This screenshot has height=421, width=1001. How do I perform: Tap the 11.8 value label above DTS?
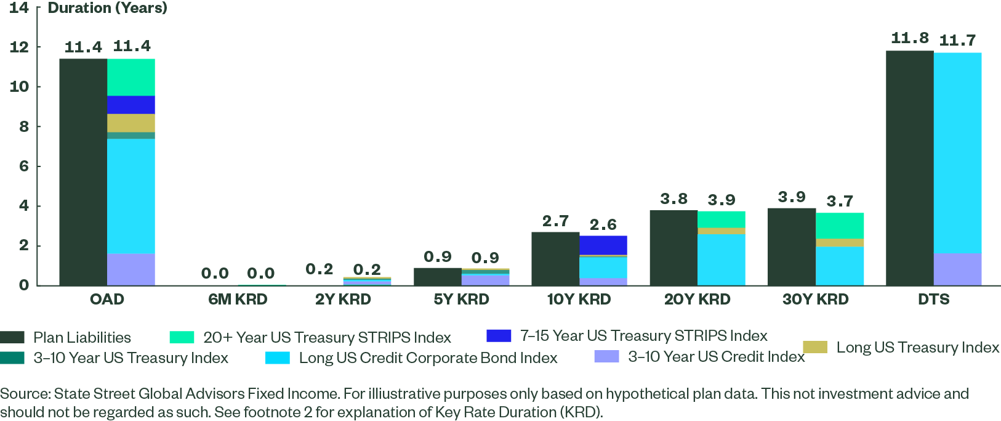[x=909, y=38]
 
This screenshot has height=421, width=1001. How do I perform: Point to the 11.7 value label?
[x=957, y=41]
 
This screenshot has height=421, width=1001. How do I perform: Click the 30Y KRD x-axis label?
[x=815, y=300]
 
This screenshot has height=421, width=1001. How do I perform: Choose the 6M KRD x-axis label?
[x=238, y=300]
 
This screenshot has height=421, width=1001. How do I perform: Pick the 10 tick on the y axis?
[x=18, y=86]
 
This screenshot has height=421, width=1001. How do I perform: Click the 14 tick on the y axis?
[x=18, y=8]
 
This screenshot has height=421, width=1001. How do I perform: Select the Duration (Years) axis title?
[x=108, y=8]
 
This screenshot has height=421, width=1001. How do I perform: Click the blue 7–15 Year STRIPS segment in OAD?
[x=131, y=105]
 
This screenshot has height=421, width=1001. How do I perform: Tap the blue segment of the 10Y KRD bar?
[x=603, y=245]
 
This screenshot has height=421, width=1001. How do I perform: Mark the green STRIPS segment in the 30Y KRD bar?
[x=840, y=226]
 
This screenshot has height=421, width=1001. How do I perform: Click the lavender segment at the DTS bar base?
[x=957, y=269]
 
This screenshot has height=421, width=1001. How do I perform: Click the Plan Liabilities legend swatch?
[x=12, y=337]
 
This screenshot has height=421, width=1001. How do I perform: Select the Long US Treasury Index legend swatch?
[x=814, y=347]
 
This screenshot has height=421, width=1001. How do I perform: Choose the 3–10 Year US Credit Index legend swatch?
[x=606, y=356]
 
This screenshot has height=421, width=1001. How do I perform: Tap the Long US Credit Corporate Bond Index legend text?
[x=428, y=358]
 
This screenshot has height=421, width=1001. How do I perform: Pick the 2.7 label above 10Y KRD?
[x=555, y=221]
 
